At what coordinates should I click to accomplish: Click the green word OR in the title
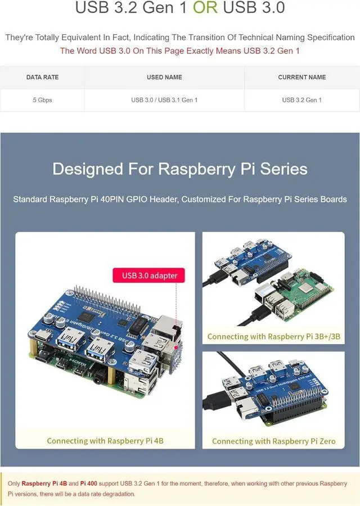coord(205,8)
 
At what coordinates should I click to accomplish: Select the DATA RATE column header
coord(42,77)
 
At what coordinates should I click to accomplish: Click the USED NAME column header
coord(164,77)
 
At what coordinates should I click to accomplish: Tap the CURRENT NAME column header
coord(302,77)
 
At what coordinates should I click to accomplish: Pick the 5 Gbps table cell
coord(42,100)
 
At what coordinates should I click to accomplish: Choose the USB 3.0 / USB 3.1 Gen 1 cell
coord(164,100)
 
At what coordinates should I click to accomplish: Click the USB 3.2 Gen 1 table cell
coord(302,100)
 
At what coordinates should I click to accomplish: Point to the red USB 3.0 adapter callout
coord(150,275)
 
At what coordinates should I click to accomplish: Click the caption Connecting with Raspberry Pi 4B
coord(105,441)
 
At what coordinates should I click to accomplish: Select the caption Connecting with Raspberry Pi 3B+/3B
coord(274,336)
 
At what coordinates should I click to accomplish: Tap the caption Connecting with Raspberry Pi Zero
coord(273,441)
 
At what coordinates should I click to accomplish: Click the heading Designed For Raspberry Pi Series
coord(180,169)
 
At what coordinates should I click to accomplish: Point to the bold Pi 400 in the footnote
coord(91,484)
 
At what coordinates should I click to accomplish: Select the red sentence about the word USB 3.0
coord(180,51)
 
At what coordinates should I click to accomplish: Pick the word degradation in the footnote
coord(117,494)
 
